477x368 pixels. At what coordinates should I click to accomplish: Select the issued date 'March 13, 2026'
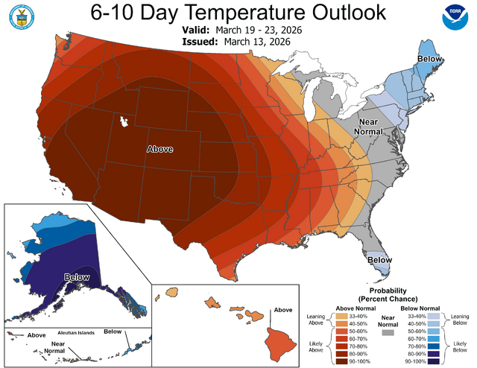point(258,42)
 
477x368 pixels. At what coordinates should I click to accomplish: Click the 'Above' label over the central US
point(159,149)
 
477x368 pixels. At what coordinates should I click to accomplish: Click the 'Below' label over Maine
point(430,58)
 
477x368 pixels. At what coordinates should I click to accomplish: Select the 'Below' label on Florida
point(379,260)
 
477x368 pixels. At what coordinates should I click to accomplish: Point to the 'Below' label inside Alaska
point(76,276)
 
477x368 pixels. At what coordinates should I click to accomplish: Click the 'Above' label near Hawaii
point(282,310)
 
